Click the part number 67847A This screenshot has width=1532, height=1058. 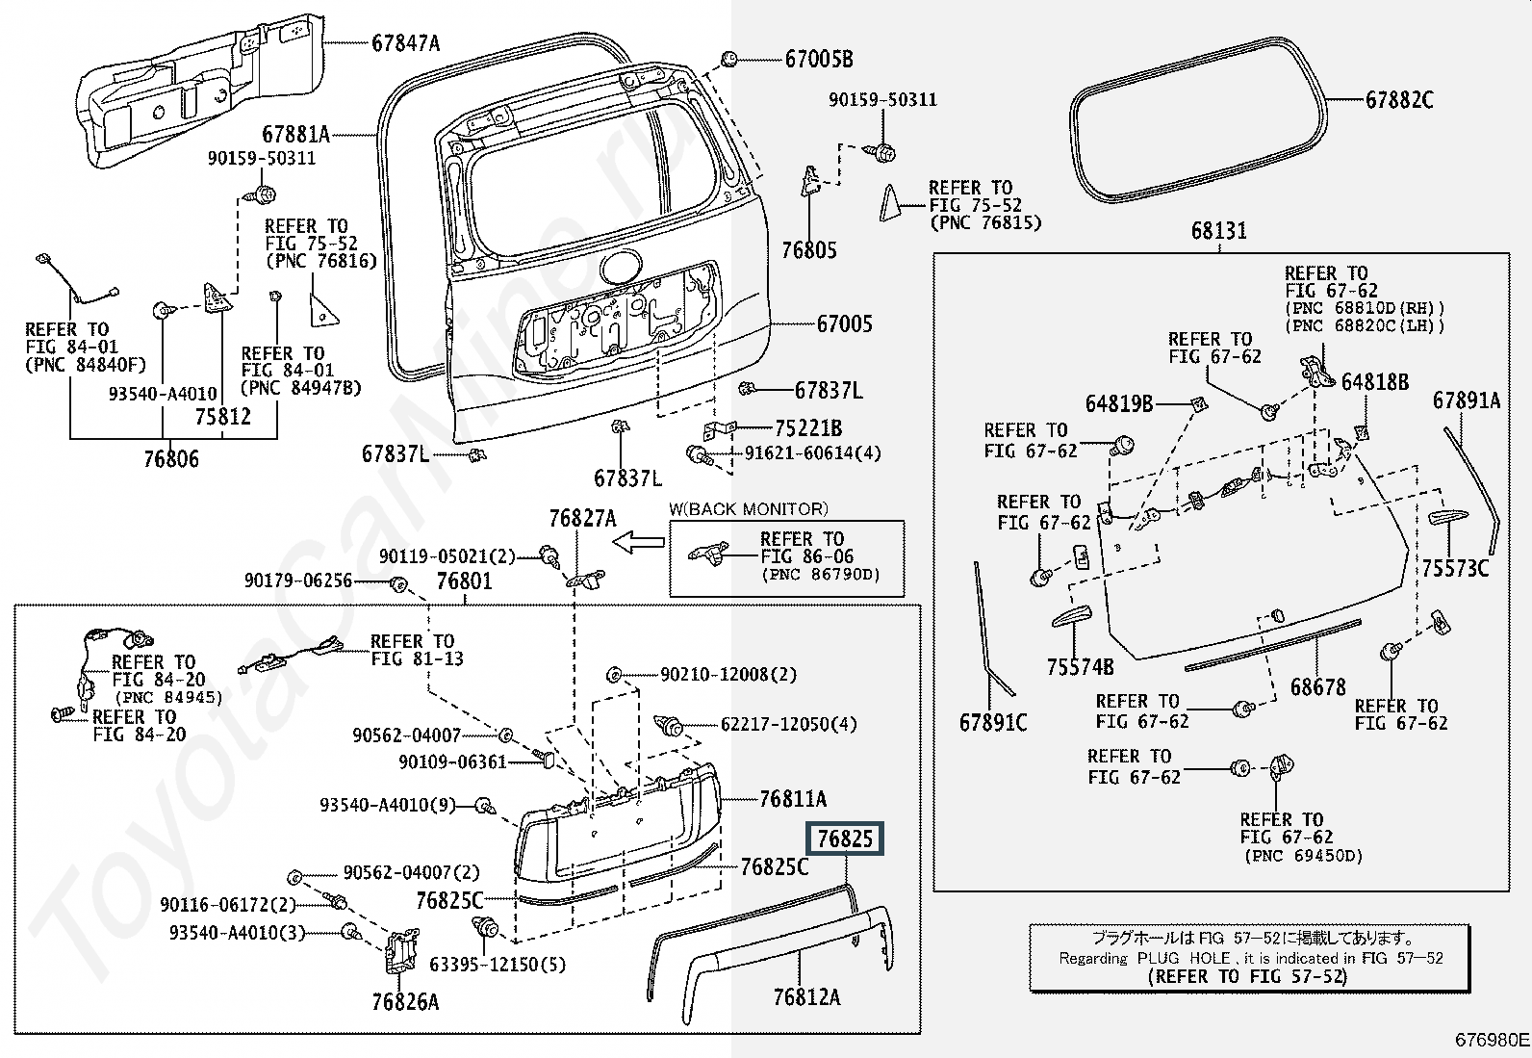tap(405, 42)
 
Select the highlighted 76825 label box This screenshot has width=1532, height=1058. tap(845, 839)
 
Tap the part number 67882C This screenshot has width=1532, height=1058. tap(1399, 100)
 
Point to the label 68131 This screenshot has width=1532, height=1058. tap(1218, 231)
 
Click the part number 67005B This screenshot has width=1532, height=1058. tap(819, 60)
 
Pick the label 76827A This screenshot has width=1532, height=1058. tap(582, 519)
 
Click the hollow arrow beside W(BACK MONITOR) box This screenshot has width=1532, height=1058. tap(638, 544)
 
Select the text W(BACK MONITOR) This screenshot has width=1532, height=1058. tap(749, 509)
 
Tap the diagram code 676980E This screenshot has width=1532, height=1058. tap(1491, 1040)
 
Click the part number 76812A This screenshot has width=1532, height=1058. tap(806, 997)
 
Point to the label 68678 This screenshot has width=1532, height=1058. tap(1318, 687)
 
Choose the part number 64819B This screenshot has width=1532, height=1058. tap(1119, 404)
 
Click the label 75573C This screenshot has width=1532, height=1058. tap(1456, 569)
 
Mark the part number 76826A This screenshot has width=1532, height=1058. tap(405, 1002)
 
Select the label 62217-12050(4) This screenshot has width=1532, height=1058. tap(788, 724)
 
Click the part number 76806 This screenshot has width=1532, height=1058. tap(171, 459)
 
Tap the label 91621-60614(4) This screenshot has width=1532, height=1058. tap(812, 453)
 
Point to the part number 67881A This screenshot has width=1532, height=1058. tap(296, 135)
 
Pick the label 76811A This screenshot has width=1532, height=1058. tap(793, 799)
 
